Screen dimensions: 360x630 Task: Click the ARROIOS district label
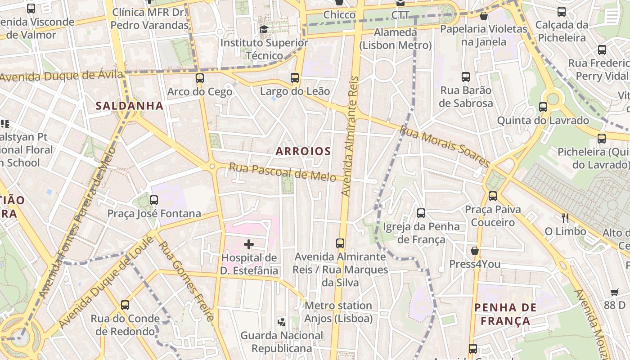point(303,151)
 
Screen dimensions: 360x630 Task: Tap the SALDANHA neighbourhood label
point(129,106)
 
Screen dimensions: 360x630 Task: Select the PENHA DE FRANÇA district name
point(505,314)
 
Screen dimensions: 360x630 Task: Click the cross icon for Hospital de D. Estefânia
point(248,244)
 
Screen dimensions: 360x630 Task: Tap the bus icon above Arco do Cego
point(200,78)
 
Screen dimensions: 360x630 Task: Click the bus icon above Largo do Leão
point(295,78)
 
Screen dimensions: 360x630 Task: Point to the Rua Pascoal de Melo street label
point(282,172)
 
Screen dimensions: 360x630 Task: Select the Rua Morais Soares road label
point(445,146)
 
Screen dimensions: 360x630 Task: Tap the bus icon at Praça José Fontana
point(154,200)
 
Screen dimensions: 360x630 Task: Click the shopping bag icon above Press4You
point(474,251)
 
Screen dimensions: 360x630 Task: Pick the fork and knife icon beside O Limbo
point(565,218)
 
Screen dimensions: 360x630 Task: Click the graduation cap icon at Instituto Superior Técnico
point(264,30)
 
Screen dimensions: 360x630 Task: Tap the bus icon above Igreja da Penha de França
point(421,213)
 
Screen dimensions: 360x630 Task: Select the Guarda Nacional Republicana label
point(282,342)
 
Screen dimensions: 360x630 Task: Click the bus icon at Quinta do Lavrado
point(543,107)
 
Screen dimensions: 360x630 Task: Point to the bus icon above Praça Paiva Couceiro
point(493,196)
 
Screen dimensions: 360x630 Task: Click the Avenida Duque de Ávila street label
point(62,76)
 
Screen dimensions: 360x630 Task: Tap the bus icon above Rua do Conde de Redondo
point(125,305)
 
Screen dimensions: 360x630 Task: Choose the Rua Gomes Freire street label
point(186,282)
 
